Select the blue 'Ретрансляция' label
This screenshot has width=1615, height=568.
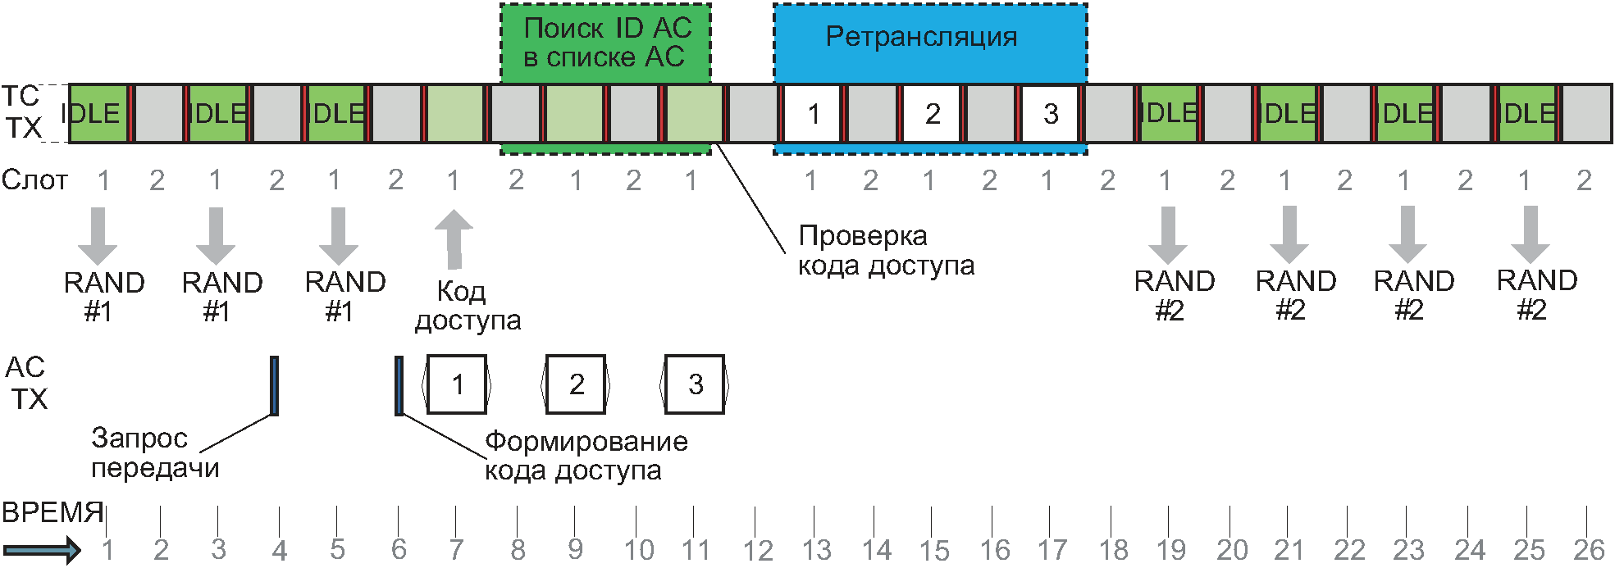pyautogui.click(x=921, y=38)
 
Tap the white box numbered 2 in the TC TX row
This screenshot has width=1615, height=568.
pyautogui.click(x=932, y=114)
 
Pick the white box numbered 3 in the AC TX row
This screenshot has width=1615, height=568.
pyautogui.click(x=695, y=384)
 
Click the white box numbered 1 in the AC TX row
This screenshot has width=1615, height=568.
pyautogui.click(x=457, y=384)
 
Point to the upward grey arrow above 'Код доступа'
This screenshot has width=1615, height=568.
pyautogui.click(x=454, y=239)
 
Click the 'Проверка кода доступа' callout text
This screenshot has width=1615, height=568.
pyautogui.click(x=886, y=250)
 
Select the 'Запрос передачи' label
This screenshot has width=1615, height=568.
pyautogui.click(x=154, y=452)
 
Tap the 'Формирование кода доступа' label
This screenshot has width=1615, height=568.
pyautogui.click(x=586, y=455)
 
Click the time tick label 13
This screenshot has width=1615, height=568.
pyautogui.click(x=816, y=550)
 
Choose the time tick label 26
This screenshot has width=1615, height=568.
pyautogui.click(x=1589, y=550)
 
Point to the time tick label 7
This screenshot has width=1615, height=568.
pyautogui.click(x=456, y=550)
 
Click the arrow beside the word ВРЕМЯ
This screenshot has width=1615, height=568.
pyautogui.click(x=41, y=549)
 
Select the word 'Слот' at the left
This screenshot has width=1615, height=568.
pyautogui.click(x=34, y=179)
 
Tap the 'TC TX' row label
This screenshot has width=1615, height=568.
pyautogui.click(x=22, y=112)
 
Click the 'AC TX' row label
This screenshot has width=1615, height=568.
pyautogui.click(x=26, y=383)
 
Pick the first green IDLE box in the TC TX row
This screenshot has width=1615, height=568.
pyautogui.click(x=98, y=114)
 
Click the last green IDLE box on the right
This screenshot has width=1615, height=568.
pyautogui.click(x=1526, y=114)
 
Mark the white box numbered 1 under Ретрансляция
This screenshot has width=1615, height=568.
pyautogui.click(x=813, y=114)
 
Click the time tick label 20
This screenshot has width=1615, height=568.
pyautogui.click(x=1231, y=550)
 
